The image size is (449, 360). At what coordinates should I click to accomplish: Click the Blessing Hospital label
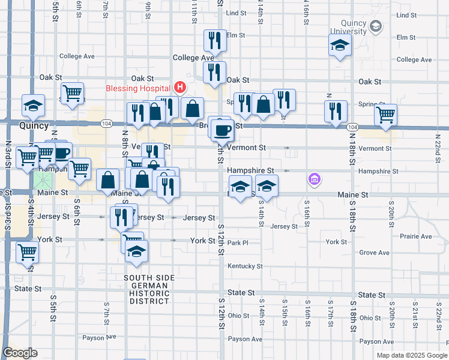pos(138,89)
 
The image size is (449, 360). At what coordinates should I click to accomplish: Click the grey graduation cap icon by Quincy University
pos(376,26)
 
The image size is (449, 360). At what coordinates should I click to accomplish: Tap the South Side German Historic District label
pos(149,289)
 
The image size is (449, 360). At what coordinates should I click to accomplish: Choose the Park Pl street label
pos(238,243)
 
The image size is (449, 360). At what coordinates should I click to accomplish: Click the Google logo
pos(20,353)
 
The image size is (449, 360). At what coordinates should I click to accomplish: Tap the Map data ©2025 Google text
pos(412,355)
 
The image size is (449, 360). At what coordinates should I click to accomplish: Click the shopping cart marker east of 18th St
pos(385,115)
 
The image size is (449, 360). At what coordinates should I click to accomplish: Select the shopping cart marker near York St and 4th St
pos(27,252)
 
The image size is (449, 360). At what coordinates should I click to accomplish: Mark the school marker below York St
pos(136,253)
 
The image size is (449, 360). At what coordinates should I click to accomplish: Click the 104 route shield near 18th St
pos(353,127)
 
